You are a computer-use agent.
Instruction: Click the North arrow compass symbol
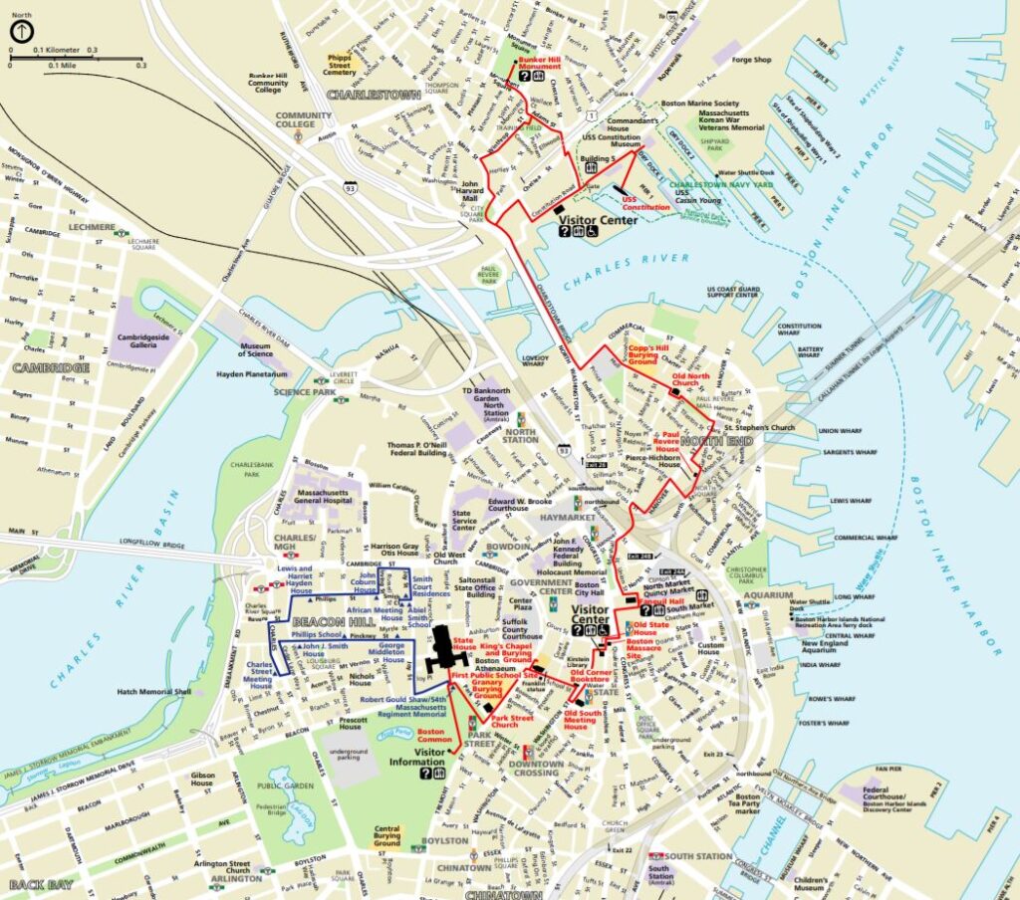pyautogui.click(x=20, y=31)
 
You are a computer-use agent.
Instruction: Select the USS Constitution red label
pyautogui.click(x=645, y=202)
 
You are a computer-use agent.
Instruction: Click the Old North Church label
pyautogui.click(x=691, y=380)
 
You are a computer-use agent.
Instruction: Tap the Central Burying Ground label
pyautogui.click(x=386, y=835)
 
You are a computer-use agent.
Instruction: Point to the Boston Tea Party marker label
pyautogui.click(x=747, y=802)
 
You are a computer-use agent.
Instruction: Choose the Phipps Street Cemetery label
pyautogui.click(x=341, y=65)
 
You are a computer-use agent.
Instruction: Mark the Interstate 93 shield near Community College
pyautogui.click(x=349, y=186)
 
